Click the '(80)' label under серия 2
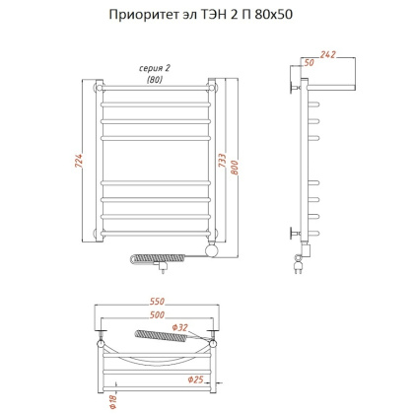(x=154, y=79)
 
